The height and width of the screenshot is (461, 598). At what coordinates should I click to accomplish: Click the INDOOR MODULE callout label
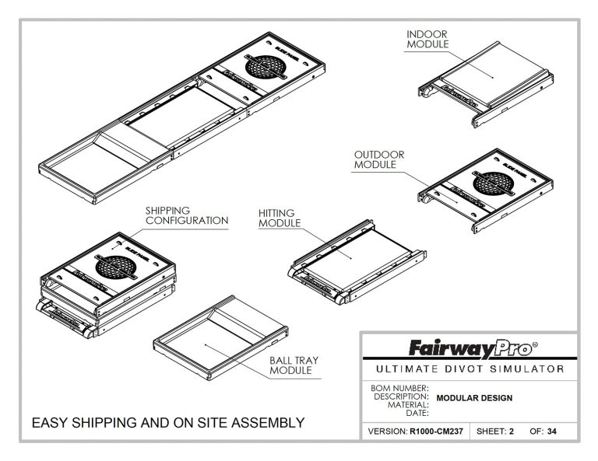click(427, 39)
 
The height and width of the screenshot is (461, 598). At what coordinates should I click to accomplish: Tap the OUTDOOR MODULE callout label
click(379, 160)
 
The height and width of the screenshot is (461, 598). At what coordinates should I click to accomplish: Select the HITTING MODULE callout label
click(280, 217)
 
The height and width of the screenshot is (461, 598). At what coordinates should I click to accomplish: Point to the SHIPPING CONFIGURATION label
click(187, 215)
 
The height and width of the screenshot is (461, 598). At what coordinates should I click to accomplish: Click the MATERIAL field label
click(409, 404)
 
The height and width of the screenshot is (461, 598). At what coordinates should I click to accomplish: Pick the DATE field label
click(417, 413)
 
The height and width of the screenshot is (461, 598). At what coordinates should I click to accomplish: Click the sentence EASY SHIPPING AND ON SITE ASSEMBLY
click(167, 424)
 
